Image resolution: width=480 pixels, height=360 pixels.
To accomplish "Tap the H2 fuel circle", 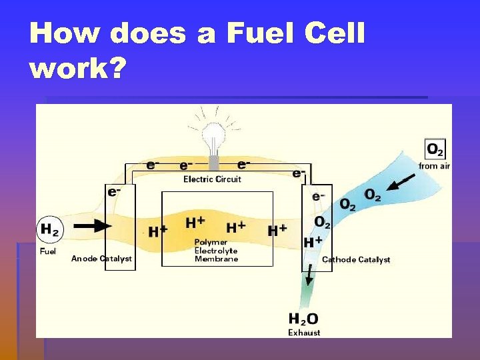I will pos(49,230).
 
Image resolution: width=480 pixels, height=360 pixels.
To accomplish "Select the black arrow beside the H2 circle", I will pos(93,226).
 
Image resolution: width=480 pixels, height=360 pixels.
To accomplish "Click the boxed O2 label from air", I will pos(435,149).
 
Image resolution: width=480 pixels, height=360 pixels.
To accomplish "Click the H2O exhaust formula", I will pos(303,319).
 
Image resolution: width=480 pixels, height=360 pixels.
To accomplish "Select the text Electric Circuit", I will pos(212,179).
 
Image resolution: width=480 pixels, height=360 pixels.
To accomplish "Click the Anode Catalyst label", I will pos(101,259).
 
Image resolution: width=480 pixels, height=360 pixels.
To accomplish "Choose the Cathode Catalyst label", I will pos(356,259).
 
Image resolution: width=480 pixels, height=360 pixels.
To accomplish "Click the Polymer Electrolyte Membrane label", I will pos(216,251).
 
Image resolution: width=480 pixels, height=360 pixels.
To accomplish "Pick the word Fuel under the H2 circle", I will pos(48,251).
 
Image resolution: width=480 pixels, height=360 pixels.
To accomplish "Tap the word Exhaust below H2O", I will pos(304,333).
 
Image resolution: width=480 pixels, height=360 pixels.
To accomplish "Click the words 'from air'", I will pos(435,165).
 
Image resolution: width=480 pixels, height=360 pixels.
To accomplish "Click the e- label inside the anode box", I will pos(114,191).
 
